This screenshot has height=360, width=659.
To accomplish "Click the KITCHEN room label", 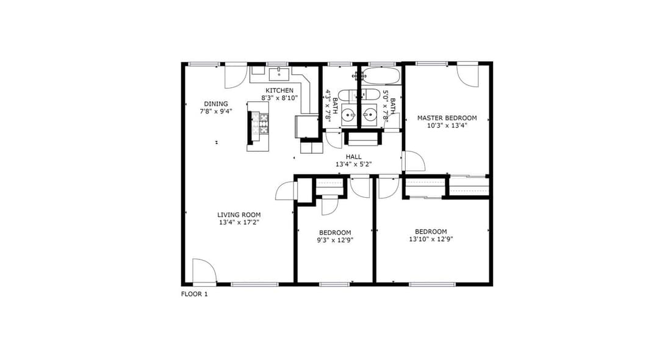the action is (279, 90).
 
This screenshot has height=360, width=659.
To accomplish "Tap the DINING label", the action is (216, 104).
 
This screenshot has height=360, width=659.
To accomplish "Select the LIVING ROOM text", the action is (239, 215).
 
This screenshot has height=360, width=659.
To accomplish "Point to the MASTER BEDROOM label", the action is (447, 118).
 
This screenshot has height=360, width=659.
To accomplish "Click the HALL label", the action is (353, 157).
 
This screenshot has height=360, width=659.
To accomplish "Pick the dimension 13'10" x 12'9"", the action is (431, 239).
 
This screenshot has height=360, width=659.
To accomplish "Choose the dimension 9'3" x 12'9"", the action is (335, 240).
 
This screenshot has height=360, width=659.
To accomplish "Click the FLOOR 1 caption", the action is (194, 294).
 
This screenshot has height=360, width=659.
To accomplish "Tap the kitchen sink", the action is (279, 74).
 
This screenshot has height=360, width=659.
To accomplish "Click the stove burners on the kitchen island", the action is (264, 124).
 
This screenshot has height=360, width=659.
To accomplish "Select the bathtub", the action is (381, 76).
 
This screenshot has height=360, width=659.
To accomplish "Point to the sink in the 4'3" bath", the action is (348, 114).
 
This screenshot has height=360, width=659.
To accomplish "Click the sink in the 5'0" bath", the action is (370, 114).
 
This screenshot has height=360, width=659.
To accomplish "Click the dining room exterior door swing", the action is (236, 76).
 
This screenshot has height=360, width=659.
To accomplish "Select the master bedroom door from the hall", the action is (414, 160).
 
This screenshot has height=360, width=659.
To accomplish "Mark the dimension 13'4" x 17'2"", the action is (239, 223).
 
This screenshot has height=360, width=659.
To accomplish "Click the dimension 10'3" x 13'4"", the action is (447, 125).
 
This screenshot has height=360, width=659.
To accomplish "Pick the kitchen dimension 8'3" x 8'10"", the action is (279, 98).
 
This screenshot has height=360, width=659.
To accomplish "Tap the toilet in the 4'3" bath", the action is (348, 95).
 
